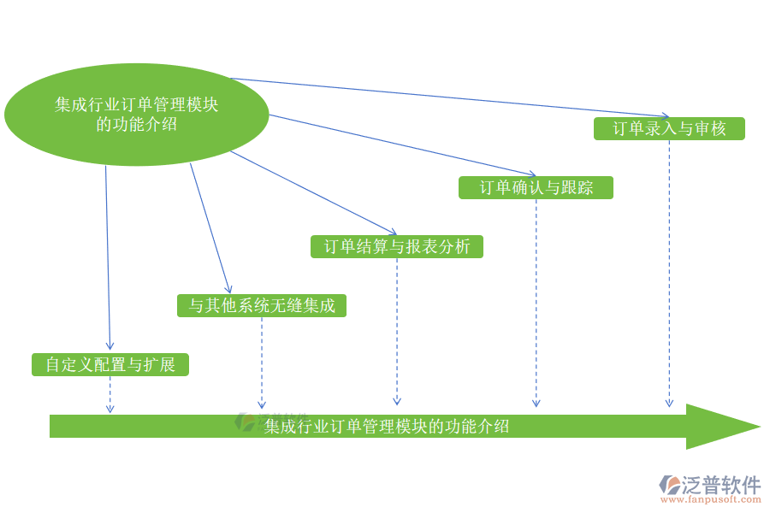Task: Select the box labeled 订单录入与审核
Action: [669, 128]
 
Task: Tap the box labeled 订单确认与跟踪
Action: [536, 187]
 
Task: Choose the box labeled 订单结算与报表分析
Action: [397, 246]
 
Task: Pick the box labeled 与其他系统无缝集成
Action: [262, 305]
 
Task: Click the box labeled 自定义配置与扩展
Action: [110, 365]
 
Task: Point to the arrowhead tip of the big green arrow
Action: [756, 426]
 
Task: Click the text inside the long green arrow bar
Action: [387, 426]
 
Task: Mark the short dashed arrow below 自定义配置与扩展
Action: [110, 395]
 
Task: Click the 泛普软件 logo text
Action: [721, 486]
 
